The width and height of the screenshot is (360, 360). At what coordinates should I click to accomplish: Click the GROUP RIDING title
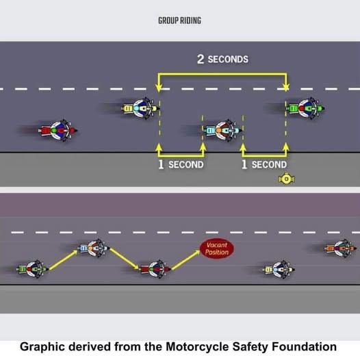point(179,21)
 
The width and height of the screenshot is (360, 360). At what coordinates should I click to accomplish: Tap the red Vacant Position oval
point(217,248)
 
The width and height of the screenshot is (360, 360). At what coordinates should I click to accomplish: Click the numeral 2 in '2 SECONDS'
point(201,60)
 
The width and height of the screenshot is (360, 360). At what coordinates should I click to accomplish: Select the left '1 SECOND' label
point(181,164)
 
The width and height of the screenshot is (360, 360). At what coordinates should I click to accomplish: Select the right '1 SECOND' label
point(264,164)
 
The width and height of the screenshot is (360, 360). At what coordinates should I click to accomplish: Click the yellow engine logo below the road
point(287,179)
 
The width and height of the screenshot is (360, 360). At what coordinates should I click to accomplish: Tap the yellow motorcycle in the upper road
point(140,108)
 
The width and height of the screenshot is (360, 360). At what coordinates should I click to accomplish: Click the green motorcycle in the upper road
point(305,108)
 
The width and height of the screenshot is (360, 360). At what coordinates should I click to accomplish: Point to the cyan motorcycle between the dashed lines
point(222,131)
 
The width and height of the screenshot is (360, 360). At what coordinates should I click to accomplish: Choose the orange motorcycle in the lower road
point(340,248)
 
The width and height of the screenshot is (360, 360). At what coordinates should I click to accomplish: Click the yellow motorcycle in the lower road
point(279,269)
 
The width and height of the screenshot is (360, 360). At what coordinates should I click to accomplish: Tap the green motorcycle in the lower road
point(33,269)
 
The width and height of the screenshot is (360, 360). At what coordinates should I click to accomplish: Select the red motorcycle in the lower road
point(155,269)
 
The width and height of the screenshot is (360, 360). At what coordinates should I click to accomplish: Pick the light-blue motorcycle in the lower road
point(93,248)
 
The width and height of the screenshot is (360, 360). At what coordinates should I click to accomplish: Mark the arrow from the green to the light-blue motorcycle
point(64,260)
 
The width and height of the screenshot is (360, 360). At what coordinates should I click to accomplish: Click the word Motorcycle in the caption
point(197,347)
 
